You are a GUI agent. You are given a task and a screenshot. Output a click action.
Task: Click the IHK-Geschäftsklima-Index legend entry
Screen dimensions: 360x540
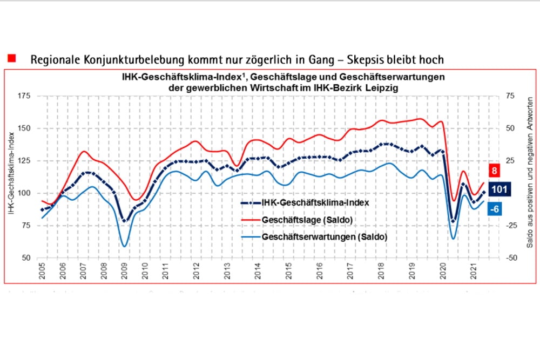(x=315, y=203)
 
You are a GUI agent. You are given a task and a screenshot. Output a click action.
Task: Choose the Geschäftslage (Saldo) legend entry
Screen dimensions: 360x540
(x=307, y=220)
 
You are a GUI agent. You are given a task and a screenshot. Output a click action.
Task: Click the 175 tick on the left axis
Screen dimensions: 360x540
(x=25, y=96)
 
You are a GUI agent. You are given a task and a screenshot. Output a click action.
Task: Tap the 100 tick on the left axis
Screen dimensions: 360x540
(x=25, y=193)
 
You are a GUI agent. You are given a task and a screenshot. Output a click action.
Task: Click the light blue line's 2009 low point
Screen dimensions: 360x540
(x=125, y=246)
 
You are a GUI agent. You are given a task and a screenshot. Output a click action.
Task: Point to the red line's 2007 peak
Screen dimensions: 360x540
(x=84, y=151)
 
